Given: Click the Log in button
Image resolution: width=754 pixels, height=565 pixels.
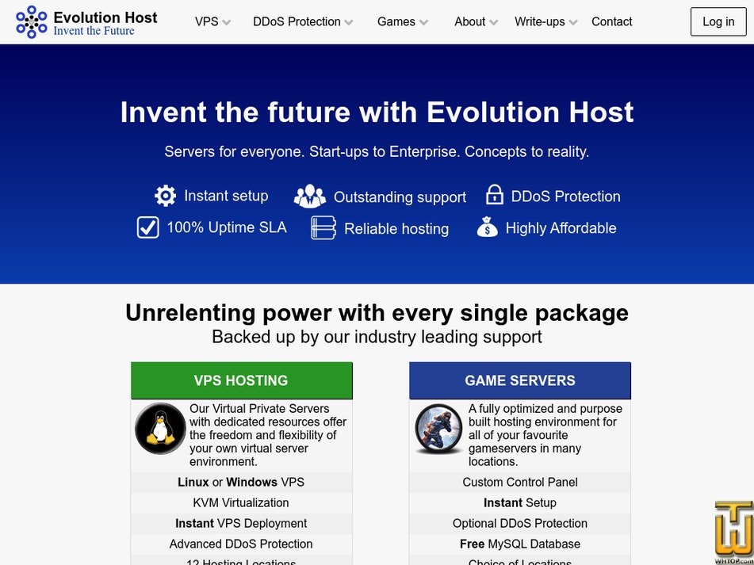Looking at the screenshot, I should tap(718, 22).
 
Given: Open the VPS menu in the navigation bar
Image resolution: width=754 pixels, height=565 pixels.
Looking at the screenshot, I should tap(212, 22).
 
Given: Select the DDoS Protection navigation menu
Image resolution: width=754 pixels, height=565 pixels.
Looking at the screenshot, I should tap(303, 22).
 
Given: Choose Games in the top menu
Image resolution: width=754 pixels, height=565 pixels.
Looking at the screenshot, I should tap(402, 22).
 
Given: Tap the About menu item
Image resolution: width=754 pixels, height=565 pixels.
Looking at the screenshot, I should tap(476, 22).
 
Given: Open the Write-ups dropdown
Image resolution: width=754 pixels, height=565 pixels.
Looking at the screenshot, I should tap(545, 22).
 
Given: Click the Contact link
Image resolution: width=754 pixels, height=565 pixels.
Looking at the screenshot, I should tap(611, 22).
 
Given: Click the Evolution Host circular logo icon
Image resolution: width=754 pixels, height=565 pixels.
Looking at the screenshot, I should tap(32, 22).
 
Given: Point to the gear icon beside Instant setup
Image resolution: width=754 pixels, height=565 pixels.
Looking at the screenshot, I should tap(166, 196).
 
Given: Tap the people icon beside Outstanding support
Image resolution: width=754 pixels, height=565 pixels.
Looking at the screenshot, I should tap(309, 197).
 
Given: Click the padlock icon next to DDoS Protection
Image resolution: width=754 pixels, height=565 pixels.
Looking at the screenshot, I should tap(495, 195).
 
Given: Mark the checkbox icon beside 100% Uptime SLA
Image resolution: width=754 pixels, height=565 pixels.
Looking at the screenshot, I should tap(148, 227).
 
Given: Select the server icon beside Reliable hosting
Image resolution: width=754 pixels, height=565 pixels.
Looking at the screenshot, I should tap(323, 228).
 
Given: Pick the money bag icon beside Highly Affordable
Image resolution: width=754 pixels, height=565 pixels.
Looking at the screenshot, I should tap(487, 228).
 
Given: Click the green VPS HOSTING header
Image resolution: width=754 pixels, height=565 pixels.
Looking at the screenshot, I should tap(241, 380).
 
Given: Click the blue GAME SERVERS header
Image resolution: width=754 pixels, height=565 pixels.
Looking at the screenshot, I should tap(520, 380).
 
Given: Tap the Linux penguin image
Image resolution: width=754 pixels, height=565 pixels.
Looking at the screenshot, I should tap(160, 428).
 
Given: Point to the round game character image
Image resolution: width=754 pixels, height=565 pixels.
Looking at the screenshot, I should tap(438, 429).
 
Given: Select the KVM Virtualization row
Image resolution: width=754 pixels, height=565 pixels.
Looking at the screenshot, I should tap(241, 502).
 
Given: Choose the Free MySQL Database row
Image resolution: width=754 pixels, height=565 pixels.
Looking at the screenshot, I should tap(520, 544).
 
